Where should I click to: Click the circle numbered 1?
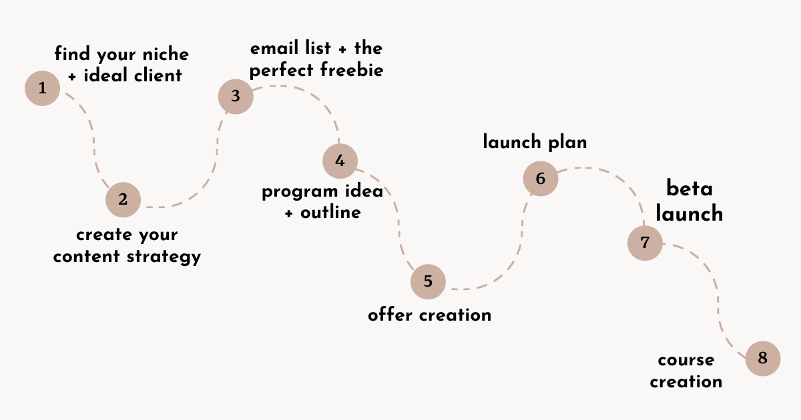[42, 88]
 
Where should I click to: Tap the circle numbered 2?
[123, 199]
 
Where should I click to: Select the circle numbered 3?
[236, 97]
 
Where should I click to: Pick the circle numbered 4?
[340, 161]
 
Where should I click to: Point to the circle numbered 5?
[428, 282]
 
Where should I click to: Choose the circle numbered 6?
[541, 179]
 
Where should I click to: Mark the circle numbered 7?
[645, 243]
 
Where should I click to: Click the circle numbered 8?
[763, 358]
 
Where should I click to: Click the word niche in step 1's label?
[166, 54]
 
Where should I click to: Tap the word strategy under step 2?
[164, 257]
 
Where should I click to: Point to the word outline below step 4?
[331, 213]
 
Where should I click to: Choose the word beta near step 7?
[690, 188]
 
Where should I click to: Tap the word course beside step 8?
[686, 361]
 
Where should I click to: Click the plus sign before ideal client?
[72, 77]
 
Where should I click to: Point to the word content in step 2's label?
[86, 257]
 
